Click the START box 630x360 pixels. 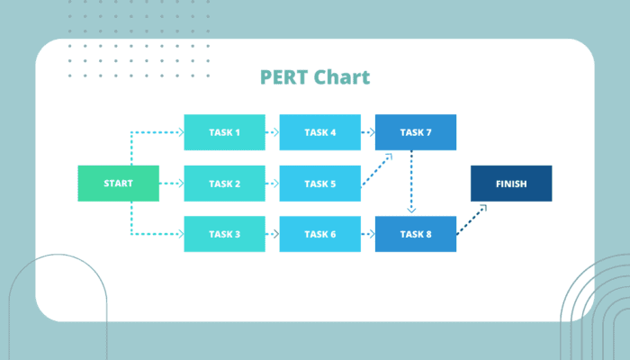coord(119,184)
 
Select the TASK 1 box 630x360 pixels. coord(225,132)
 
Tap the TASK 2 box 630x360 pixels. coord(225,184)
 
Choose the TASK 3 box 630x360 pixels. coord(225,234)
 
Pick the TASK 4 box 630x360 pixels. coord(320,132)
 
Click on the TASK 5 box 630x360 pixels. coord(320,184)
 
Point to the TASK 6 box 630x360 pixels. coord(320,234)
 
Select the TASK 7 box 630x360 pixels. coord(416,132)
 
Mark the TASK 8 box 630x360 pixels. coord(416,234)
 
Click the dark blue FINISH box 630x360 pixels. coord(511,184)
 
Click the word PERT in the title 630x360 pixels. coord(284,77)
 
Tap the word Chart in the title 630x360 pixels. coord(342,77)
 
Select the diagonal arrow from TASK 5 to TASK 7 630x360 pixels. coord(376,170)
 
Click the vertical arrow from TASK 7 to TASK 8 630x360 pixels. coord(411,182)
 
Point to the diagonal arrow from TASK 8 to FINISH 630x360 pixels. coord(472,220)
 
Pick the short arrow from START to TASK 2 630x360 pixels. coord(172,184)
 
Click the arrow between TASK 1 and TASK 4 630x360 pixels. coord(273,132)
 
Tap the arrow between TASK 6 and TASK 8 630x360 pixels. coord(368,234)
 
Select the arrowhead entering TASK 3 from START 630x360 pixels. coord(181,234)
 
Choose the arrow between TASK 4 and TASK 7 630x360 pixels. coord(368,132)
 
